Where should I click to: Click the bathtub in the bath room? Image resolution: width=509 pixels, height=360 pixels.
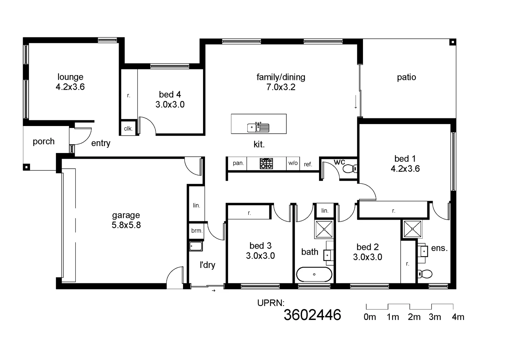tap(314, 275)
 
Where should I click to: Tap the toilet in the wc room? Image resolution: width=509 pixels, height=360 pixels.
tap(349, 169)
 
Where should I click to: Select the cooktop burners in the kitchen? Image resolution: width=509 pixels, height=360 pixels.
tap(266, 163)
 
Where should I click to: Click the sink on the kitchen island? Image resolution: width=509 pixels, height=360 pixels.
tap(258, 127)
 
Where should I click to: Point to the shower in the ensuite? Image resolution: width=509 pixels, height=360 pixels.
tap(413, 229)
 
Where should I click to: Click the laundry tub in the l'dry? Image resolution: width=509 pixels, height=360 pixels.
tap(196, 246)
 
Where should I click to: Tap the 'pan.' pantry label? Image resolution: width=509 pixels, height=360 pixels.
tap(238, 163)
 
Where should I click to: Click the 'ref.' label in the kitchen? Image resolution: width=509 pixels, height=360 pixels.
tap(308, 164)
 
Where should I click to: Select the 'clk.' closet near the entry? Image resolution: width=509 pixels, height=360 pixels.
tap(128, 129)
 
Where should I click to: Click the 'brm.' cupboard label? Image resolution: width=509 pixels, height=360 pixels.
tap(197, 231)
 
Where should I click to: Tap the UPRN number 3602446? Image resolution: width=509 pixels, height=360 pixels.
tap(312, 315)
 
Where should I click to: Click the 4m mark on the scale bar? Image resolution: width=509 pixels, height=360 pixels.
tap(458, 317)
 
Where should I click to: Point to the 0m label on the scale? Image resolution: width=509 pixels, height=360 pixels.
tap(370, 317)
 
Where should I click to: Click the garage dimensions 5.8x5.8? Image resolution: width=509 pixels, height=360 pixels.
tap(126, 225)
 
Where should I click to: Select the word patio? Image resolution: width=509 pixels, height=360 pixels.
tap(406, 77)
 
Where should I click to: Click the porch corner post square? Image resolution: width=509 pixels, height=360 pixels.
tap(26, 167)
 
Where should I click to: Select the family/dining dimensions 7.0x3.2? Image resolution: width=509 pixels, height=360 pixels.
tap(281, 87)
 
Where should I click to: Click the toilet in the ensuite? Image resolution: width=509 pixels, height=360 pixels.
tap(425, 274)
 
